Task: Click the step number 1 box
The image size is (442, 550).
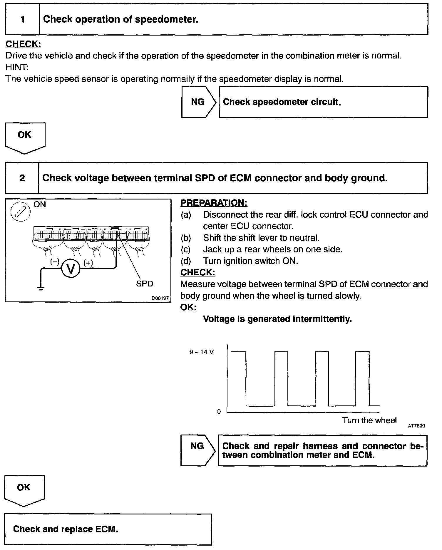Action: point(22,20)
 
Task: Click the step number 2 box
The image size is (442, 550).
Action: point(22,178)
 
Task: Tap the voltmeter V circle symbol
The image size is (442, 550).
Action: point(71,269)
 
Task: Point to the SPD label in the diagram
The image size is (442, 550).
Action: point(145,284)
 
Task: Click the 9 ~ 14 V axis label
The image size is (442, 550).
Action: point(202,352)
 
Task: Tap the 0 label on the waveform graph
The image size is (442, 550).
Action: point(219,412)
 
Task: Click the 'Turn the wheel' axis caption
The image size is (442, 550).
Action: point(369,420)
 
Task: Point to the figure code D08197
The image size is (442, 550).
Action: point(160,298)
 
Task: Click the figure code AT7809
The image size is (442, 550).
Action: point(416,426)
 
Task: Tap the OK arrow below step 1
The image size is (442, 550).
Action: point(25,137)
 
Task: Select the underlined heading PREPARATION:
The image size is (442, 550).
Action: point(214,203)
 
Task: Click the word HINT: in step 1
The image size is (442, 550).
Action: point(17,67)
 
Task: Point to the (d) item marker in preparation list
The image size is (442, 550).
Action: point(186,261)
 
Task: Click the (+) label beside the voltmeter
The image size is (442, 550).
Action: point(88,263)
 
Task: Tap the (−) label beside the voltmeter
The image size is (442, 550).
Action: point(55,262)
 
